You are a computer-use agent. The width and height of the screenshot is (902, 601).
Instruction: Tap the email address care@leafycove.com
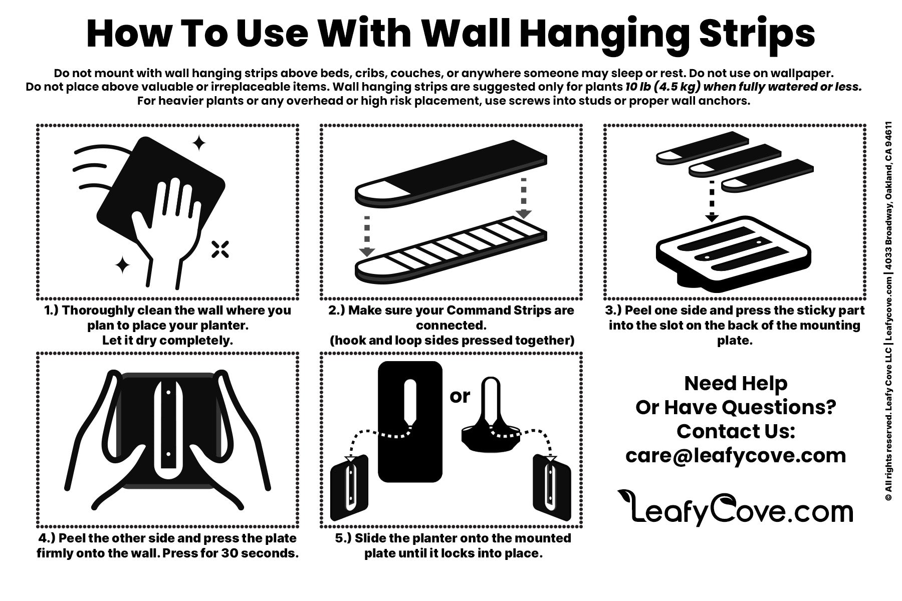point(736,455)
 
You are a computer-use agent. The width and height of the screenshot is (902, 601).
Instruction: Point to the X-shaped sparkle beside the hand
point(220,249)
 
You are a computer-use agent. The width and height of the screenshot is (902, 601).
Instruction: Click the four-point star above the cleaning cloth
point(199,143)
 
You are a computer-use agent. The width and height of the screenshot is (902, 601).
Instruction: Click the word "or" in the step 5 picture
point(460,396)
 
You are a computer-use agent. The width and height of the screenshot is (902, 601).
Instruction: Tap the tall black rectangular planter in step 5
point(410,422)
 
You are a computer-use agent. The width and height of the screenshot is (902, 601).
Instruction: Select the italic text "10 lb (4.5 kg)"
point(662,87)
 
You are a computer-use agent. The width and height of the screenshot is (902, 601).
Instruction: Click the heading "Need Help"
point(736,384)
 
